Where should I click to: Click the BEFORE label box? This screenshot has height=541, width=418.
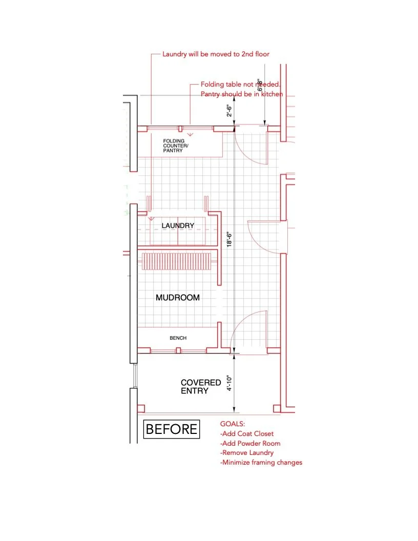(172, 429)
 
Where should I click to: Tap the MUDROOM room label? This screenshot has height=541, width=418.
(177, 298)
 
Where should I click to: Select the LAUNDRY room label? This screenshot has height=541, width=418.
(178, 225)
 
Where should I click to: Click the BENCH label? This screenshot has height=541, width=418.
(178, 338)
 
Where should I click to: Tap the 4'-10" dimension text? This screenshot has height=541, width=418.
(230, 382)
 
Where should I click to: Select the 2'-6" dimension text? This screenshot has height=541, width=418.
(230, 111)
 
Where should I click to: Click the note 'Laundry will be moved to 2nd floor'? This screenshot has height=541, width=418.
(216, 54)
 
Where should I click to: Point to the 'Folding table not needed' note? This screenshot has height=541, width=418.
(240, 85)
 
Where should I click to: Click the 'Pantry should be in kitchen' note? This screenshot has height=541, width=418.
(242, 94)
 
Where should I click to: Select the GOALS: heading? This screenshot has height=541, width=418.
(233, 424)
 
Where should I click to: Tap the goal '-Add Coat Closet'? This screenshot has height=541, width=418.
(247, 434)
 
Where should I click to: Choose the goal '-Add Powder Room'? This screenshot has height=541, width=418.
(250, 444)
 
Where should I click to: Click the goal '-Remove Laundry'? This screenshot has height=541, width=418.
(247, 453)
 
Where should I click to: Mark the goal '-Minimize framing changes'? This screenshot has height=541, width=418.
(261, 463)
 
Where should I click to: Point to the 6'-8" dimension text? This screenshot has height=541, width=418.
(260, 86)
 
